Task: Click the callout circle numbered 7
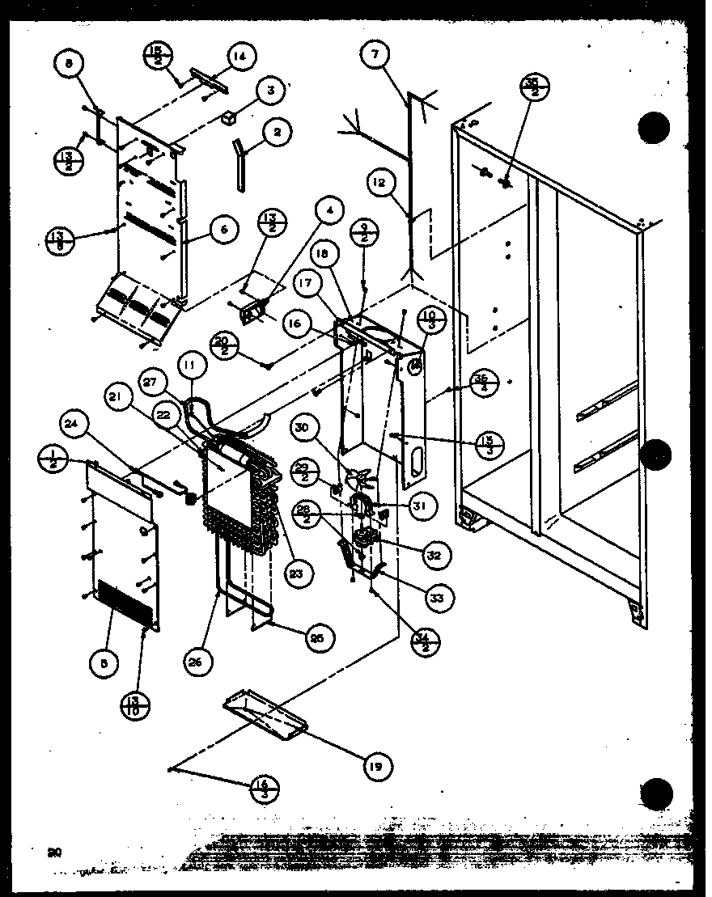tap(374, 56)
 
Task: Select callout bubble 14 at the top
tap(239, 57)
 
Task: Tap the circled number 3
tap(270, 91)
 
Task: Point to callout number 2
tap(278, 133)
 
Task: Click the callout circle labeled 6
tap(222, 231)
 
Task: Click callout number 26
tap(199, 661)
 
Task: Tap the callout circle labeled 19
tap(377, 765)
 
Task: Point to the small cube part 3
tap(231, 118)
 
